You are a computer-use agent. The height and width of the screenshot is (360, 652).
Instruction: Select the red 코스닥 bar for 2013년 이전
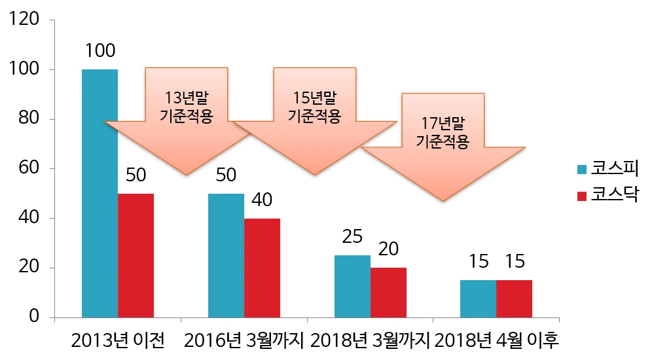pyautogui.click(x=136, y=255)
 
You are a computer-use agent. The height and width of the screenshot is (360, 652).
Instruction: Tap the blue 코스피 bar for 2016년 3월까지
pyautogui.click(x=226, y=255)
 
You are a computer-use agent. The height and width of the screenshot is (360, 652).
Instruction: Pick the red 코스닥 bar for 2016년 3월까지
pyautogui.click(x=262, y=268)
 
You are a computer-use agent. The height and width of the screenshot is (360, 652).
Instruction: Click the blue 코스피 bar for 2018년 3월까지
pyautogui.click(x=352, y=286)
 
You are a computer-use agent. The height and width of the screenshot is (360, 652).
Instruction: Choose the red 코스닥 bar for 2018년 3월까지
pyautogui.click(x=388, y=293)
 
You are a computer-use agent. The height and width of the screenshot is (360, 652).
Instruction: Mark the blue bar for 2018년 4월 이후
pyautogui.click(x=478, y=298)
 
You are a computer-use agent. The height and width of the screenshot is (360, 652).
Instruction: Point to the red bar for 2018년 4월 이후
pyautogui.click(x=514, y=298)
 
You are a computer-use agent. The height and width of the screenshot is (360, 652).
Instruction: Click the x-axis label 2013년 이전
pyautogui.click(x=118, y=340)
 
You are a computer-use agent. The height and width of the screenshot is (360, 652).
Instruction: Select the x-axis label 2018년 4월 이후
pyautogui.click(x=498, y=340)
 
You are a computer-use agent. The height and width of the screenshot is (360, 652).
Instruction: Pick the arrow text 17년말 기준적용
pyautogui.click(x=443, y=133)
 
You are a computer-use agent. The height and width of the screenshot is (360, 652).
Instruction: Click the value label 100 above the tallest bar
pyautogui.click(x=100, y=50)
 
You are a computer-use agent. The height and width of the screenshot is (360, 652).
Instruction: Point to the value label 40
pyautogui.click(x=262, y=200)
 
